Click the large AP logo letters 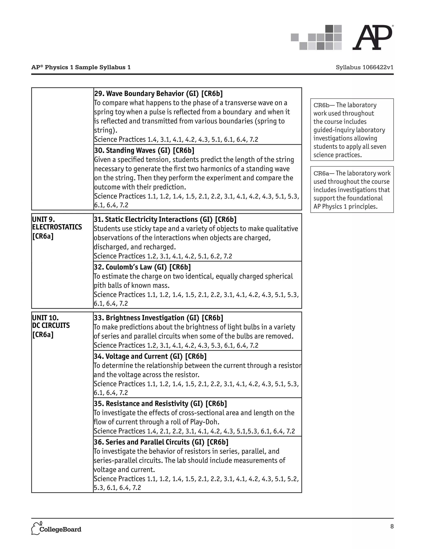(x=372, y=38)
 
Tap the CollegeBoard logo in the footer (x=56, y=529)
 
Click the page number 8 (x=392, y=526)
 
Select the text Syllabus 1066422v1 (x=364, y=67)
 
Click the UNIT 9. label (x=44, y=219)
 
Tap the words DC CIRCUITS (x=51, y=325)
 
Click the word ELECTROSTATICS (x=57, y=227)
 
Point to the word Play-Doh (x=204, y=422)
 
